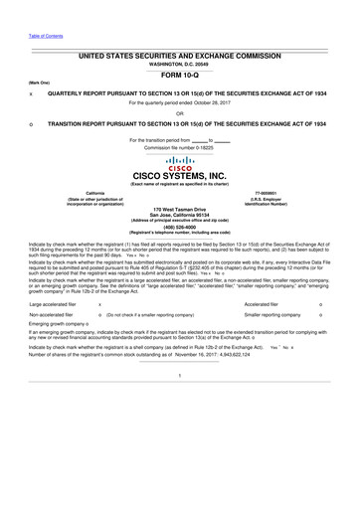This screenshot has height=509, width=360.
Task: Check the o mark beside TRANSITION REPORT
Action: click(x=33, y=124)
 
